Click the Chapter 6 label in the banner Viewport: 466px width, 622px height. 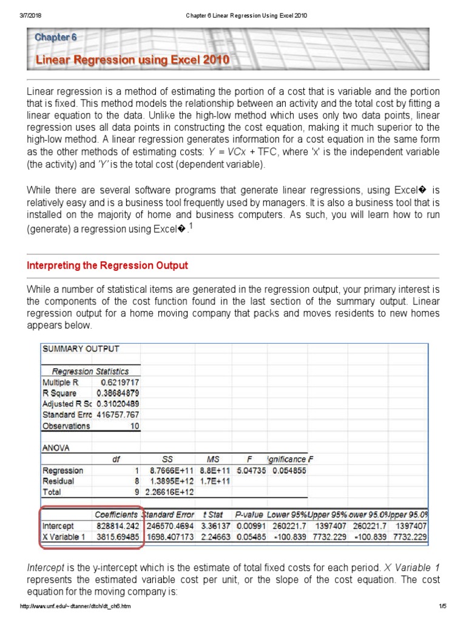click(x=56, y=37)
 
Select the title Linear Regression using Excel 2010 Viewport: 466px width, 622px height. click(x=132, y=60)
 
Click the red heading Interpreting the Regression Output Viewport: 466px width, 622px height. click(x=107, y=265)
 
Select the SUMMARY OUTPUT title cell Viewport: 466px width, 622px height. click(x=81, y=349)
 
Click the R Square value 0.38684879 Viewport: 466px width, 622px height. click(x=118, y=393)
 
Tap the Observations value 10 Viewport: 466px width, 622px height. click(x=135, y=426)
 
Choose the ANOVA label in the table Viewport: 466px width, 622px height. click(x=56, y=448)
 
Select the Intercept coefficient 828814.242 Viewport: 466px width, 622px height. click(x=117, y=526)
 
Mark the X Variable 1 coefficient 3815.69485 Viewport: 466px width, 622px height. click(x=117, y=537)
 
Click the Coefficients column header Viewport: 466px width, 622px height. click(x=116, y=514)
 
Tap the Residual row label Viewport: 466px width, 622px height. click(x=58, y=481)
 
